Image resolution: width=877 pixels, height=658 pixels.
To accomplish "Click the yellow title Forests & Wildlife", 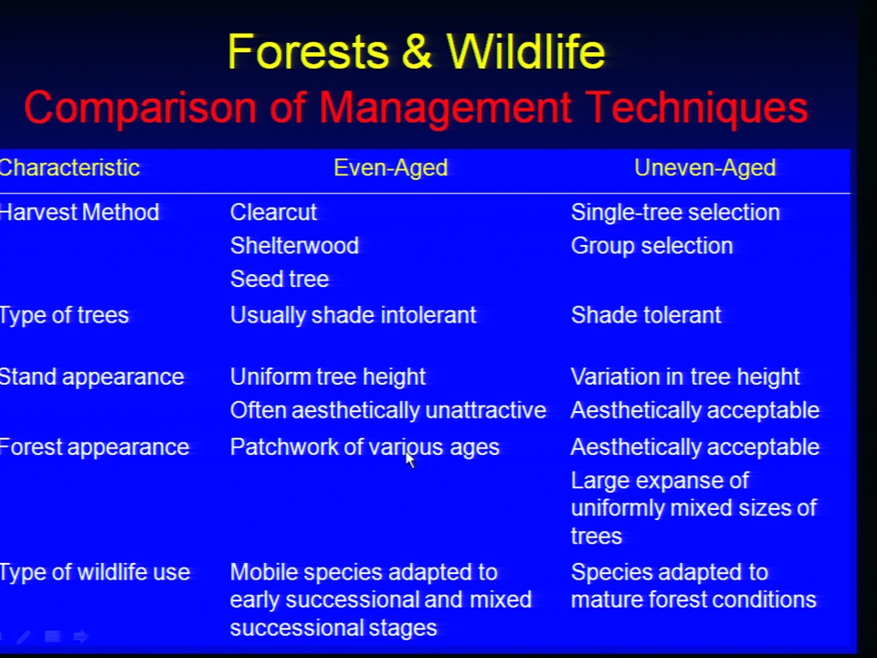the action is (x=417, y=51).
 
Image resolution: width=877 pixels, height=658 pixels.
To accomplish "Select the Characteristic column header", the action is (x=69, y=168).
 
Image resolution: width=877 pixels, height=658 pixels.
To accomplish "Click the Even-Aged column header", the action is (x=390, y=168).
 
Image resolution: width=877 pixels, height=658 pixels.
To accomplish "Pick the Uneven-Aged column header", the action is (x=704, y=168).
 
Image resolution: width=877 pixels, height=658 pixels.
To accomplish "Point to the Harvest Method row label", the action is (x=79, y=213).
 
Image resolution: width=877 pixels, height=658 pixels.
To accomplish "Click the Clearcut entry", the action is (x=273, y=213).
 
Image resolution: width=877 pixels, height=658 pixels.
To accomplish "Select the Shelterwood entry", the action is (x=294, y=246).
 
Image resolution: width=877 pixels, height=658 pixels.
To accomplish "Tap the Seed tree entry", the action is (x=280, y=279).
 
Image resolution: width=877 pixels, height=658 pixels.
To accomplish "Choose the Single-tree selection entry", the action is (x=675, y=213).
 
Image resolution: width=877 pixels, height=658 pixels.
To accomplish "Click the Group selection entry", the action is (x=651, y=246).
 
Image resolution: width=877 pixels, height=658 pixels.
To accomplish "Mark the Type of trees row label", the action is (x=64, y=315).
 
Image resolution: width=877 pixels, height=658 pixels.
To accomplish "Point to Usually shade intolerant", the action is (x=353, y=315).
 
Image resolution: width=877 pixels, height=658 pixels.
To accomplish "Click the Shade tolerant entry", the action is (x=646, y=315).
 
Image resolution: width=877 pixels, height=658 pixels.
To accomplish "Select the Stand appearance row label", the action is (x=91, y=377).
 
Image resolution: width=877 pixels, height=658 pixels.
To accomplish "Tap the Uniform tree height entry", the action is (x=328, y=377).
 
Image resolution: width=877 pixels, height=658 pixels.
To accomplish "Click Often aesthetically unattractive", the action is (x=387, y=410).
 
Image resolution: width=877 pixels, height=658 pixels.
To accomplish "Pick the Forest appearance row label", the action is (x=94, y=448).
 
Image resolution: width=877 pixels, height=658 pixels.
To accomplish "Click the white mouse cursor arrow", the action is (x=410, y=460).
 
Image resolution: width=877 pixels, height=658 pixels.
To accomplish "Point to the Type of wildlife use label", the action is (x=95, y=572).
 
